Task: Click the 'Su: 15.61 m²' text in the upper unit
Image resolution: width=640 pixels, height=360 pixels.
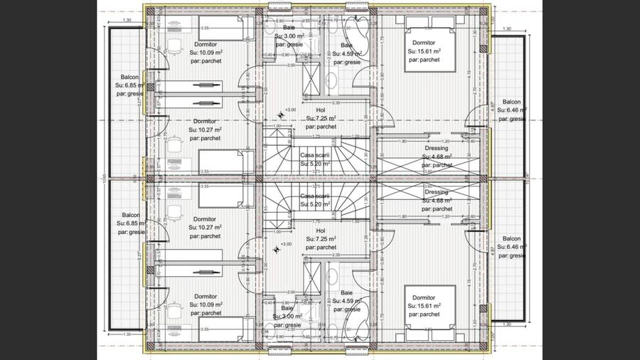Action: click(424, 51)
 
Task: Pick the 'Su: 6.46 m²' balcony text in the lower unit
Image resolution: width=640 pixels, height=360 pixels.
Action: click(511, 248)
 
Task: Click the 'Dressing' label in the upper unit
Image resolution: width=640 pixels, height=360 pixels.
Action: click(437, 148)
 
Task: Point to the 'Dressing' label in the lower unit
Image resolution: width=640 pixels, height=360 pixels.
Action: click(437, 192)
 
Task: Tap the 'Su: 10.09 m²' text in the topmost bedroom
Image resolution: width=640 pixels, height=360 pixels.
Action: click(206, 52)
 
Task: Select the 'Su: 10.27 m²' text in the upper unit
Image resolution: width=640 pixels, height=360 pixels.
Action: click(206, 130)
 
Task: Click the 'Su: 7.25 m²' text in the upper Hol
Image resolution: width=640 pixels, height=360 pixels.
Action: click(320, 119)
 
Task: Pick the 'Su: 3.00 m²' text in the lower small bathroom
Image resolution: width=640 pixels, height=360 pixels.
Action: click(288, 317)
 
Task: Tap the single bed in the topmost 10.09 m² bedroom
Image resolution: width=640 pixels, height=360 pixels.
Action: click(221, 28)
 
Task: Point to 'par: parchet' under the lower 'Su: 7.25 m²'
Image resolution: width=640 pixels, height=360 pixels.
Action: click(320, 248)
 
